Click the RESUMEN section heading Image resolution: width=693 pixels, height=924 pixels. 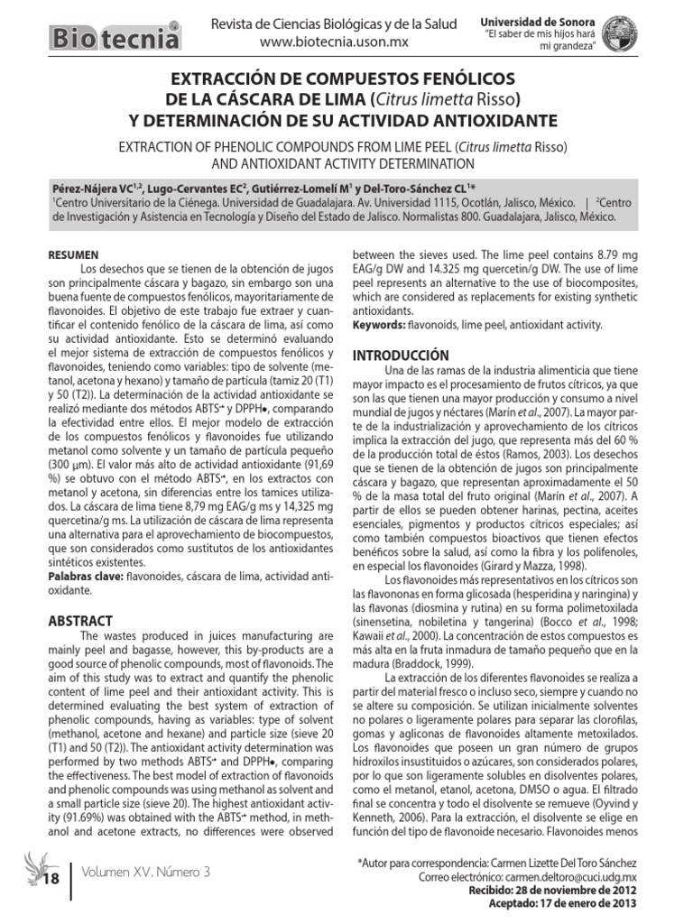[x=75, y=255]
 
